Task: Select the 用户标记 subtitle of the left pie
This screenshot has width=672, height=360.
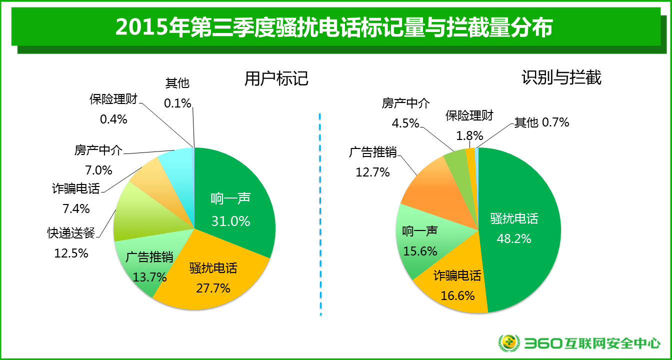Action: (x=276, y=78)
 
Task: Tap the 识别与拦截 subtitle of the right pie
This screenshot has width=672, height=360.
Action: (x=561, y=77)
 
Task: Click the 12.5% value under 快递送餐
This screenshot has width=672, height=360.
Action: (x=71, y=253)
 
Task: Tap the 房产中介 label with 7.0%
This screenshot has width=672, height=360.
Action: (x=98, y=150)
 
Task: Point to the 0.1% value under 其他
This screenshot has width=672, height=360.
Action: (x=177, y=103)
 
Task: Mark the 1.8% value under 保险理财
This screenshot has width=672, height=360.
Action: (x=469, y=135)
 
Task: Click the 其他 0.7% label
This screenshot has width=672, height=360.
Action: (x=541, y=122)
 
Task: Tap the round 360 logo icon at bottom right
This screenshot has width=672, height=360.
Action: (x=508, y=343)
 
